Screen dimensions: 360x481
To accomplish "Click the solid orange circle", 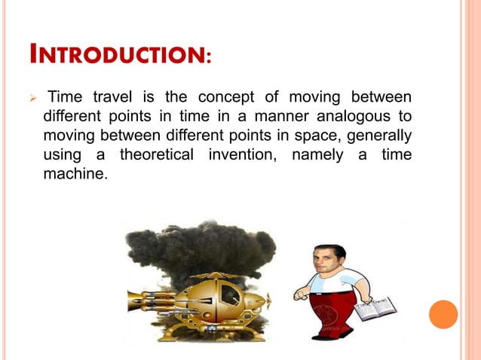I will point(443,314).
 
